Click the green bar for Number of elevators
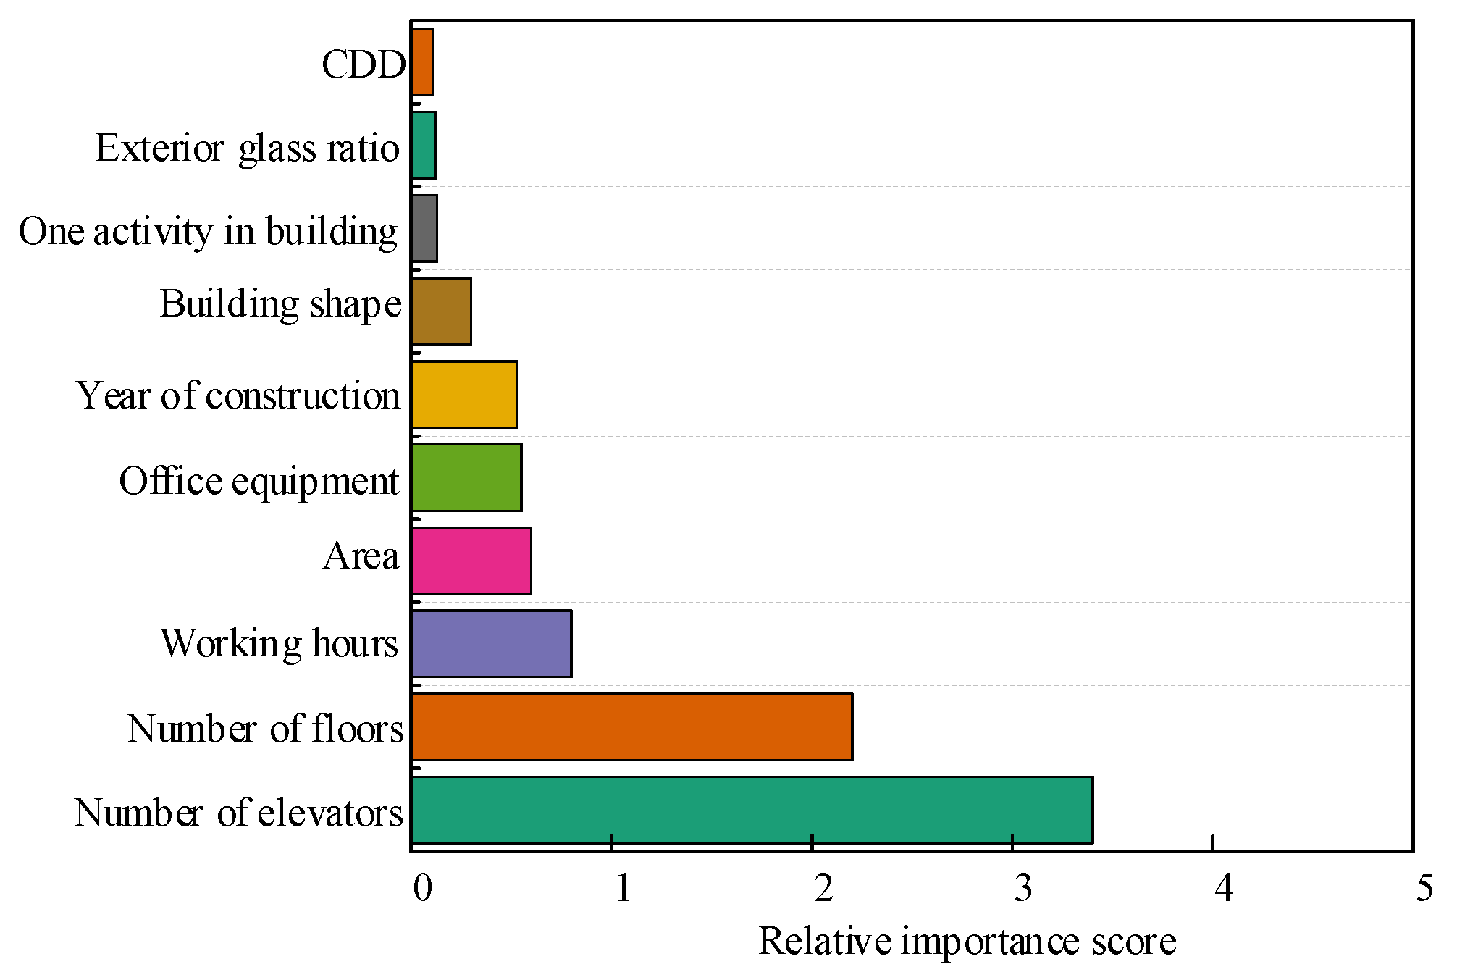(752, 810)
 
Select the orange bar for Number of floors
(631, 726)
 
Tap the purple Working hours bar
(491, 643)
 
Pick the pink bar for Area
(471, 561)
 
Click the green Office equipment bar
(466, 477)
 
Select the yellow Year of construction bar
(464, 394)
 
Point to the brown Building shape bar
(441, 311)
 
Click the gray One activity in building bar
(424, 228)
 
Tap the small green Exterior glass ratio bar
(423, 145)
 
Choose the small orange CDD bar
(422, 62)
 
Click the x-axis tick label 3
(1023, 888)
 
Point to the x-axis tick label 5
(1424, 888)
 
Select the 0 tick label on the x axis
(421, 888)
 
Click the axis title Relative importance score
(967, 942)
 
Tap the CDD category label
(364, 64)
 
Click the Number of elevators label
(238, 812)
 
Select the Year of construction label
(238, 395)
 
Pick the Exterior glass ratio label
(247, 148)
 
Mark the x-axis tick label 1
(623, 888)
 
